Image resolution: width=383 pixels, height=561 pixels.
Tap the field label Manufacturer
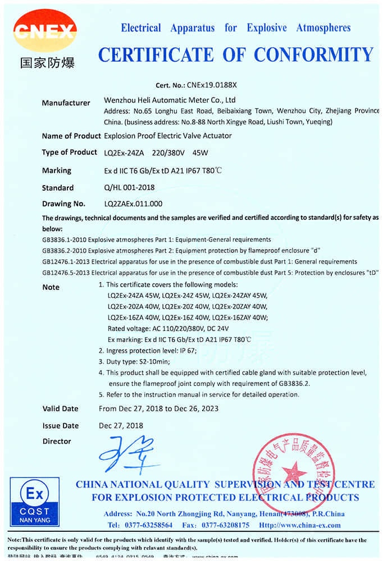pyautogui.click(x=66, y=103)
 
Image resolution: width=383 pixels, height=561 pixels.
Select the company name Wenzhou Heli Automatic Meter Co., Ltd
pyautogui.click(x=170, y=100)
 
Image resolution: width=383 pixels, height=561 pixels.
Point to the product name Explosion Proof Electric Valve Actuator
pyautogui.click(x=168, y=136)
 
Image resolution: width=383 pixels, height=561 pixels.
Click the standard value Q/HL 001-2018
pyautogui.click(x=129, y=187)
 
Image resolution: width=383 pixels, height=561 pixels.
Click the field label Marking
pyautogui.click(x=57, y=170)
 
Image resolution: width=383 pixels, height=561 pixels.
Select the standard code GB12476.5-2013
pyautogui.click(x=63, y=273)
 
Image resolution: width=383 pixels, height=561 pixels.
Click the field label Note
pyautogui.click(x=51, y=287)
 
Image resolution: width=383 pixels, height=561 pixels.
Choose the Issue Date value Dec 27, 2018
pyautogui.click(x=121, y=426)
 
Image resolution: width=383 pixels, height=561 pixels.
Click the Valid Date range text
pyautogui.click(x=158, y=408)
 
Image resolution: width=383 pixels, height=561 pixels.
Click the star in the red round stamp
pyautogui.click(x=294, y=471)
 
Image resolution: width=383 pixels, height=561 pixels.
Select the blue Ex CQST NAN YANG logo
pyautogui.click(x=34, y=500)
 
